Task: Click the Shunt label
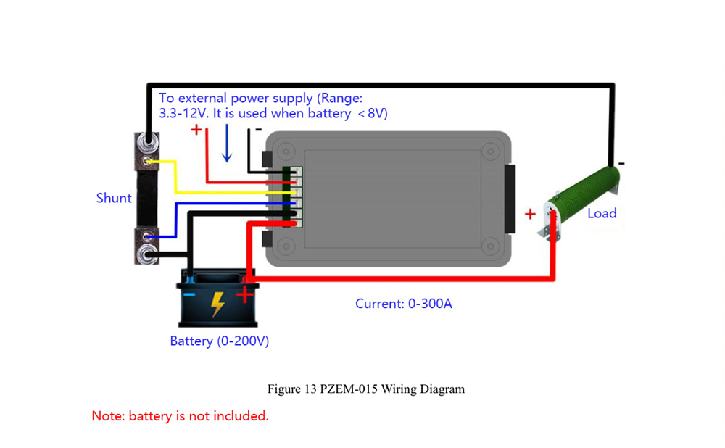tap(114, 198)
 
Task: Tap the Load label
tap(602, 213)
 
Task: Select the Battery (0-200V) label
tap(219, 341)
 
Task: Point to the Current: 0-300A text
tap(403, 304)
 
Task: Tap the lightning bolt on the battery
tap(217, 304)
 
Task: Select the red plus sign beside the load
tap(531, 213)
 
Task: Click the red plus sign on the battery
tap(246, 295)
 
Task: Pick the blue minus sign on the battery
tap(189, 295)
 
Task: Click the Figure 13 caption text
tap(365, 389)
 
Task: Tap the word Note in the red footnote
tap(106, 416)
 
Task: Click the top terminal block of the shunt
tap(148, 151)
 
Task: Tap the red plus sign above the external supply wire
tap(196, 130)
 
